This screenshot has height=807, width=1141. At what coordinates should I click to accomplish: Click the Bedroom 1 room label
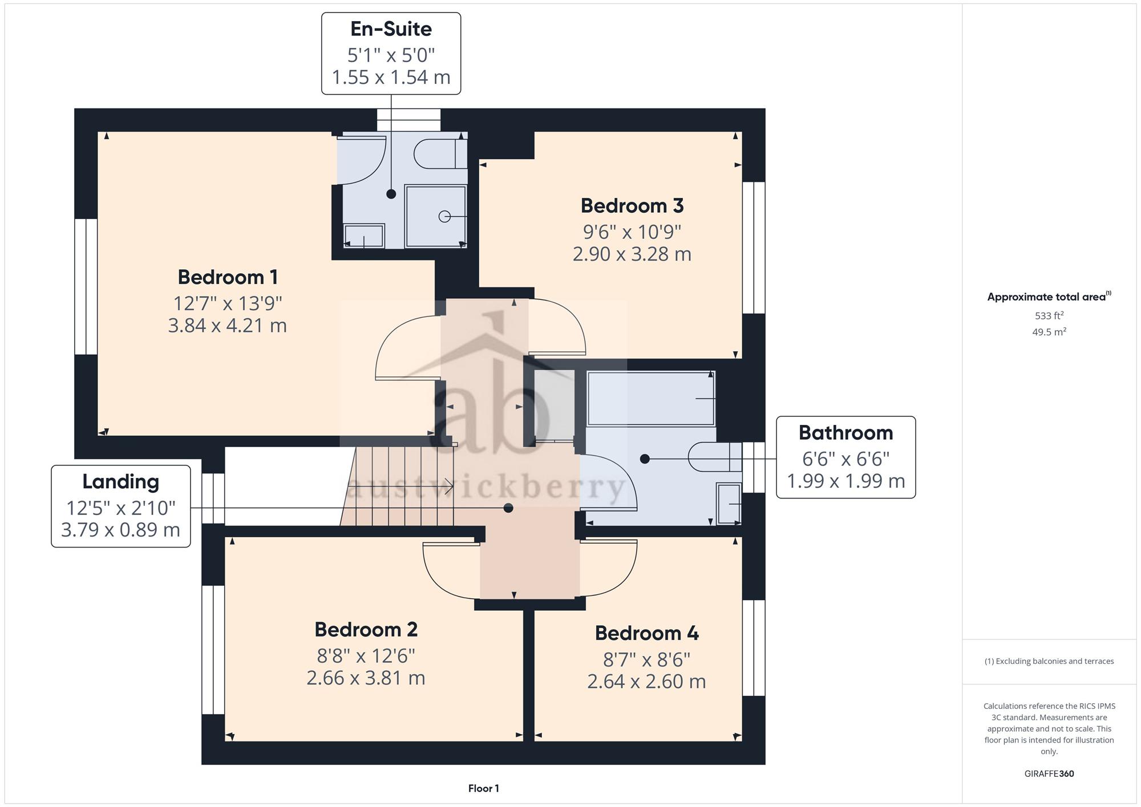tap(228, 277)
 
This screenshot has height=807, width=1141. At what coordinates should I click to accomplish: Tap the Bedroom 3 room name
tap(632, 206)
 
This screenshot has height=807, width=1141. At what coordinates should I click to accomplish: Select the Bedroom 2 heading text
tap(366, 630)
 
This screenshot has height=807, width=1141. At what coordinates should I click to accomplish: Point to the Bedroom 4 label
tap(647, 633)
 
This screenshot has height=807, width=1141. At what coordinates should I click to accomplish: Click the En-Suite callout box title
tap(391, 29)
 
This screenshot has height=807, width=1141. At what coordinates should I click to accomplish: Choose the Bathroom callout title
tap(846, 433)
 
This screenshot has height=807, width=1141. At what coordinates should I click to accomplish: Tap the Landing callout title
tap(121, 482)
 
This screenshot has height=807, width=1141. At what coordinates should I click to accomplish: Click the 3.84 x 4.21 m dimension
tap(228, 326)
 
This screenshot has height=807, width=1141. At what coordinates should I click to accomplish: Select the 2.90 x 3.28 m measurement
tap(632, 254)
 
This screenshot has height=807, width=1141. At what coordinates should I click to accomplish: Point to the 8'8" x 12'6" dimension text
tap(366, 656)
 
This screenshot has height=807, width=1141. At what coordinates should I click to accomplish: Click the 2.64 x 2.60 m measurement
tap(647, 682)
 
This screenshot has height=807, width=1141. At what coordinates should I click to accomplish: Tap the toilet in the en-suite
tap(440, 153)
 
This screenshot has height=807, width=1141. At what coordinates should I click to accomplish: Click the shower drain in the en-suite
tap(444, 217)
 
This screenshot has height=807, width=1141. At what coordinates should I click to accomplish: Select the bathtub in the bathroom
tap(651, 399)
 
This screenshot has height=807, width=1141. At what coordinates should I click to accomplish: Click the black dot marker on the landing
tap(508, 508)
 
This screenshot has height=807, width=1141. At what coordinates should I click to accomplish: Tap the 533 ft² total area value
tap(1049, 315)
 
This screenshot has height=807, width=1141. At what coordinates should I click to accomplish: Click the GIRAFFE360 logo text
tap(1049, 774)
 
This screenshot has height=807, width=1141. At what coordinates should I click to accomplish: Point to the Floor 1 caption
tap(484, 789)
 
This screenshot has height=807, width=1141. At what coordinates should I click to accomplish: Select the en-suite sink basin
tap(364, 236)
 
